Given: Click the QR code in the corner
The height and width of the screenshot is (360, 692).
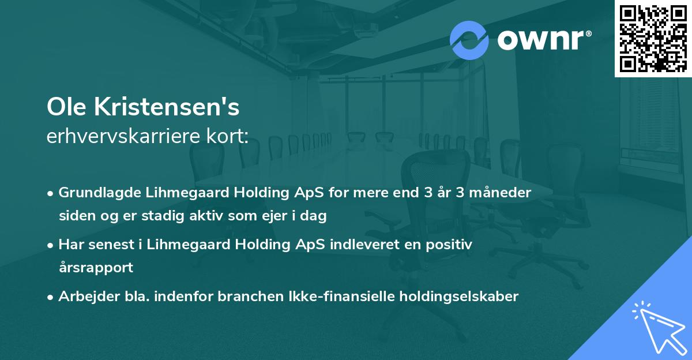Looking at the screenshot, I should (653, 39).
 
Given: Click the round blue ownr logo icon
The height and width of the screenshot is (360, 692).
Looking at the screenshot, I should (469, 40).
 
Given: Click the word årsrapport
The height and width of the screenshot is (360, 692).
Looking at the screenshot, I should (96, 268).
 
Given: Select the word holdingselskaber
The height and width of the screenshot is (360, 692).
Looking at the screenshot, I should (457, 297).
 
